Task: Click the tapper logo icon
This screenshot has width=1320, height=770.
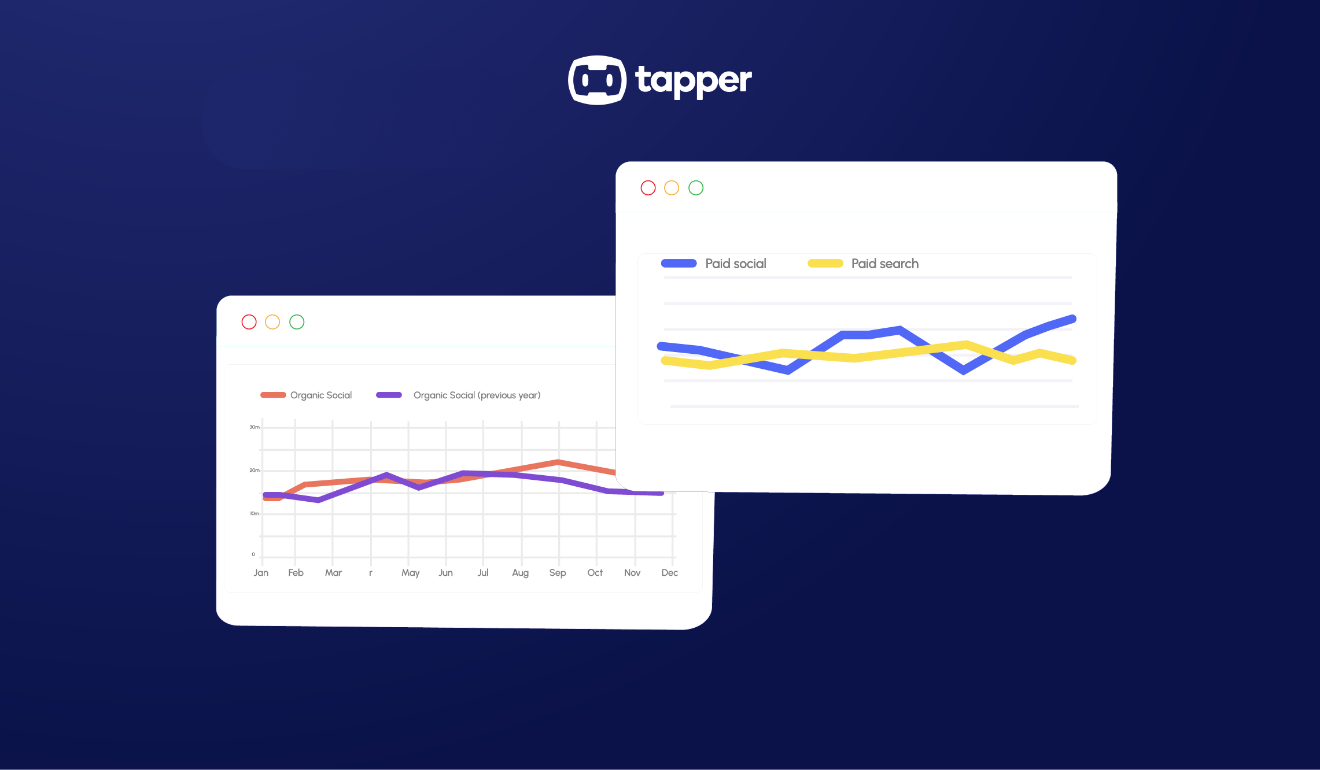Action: tap(597, 80)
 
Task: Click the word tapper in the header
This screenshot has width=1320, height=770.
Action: tap(693, 81)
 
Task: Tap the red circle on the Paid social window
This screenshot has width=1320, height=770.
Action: tap(648, 188)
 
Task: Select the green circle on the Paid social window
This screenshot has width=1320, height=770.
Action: tap(696, 188)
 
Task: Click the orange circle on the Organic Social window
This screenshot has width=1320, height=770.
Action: tap(272, 322)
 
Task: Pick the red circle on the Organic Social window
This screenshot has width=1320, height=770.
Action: tap(249, 322)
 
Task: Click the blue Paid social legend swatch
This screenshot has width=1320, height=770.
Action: tap(679, 264)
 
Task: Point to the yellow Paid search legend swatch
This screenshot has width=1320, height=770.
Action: tap(825, 264)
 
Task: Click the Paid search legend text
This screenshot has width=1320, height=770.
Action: tap(884, 264)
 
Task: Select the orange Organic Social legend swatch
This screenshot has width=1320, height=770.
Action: tap(273, 395)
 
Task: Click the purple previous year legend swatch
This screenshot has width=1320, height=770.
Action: tap(389, 395)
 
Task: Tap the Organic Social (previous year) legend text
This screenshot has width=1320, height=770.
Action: tap(477, 395)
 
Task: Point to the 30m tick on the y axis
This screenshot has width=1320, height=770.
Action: tap(255, 427)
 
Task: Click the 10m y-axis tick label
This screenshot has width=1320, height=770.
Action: tap(255, 513)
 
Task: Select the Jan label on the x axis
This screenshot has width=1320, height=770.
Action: tap(261, 572)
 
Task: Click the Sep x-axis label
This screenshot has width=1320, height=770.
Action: tap(558, 572)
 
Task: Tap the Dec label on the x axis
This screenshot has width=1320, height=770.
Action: tap(669, 572)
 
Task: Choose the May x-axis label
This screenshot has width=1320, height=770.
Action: tap(410, 572)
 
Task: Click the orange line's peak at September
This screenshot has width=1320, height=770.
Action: tap(558, 462)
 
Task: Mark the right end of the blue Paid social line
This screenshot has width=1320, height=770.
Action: tap(1072, 319)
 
